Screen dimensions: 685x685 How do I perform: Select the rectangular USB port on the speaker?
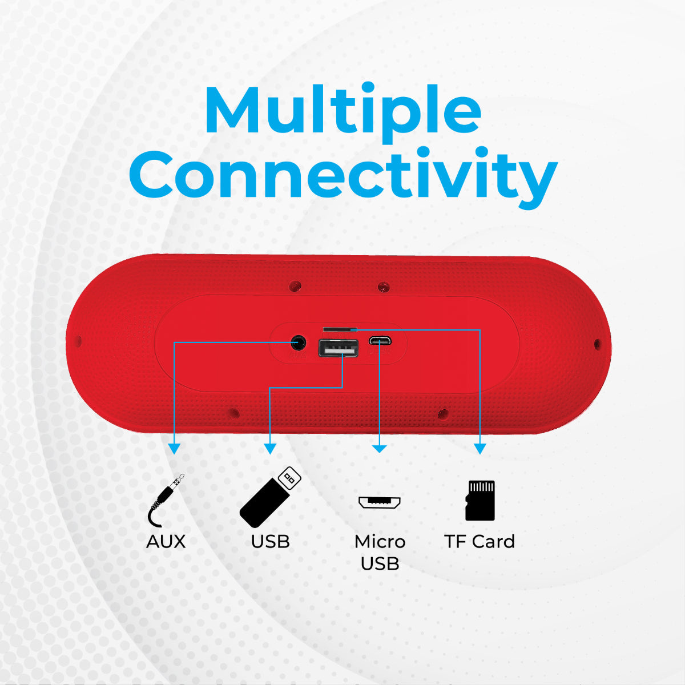click(x=339, y=348)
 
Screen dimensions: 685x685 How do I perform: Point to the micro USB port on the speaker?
click(x=379, y=341)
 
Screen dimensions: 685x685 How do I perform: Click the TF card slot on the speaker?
click(x=340, y=329)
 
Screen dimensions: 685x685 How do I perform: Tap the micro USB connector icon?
click(x=380, y=502)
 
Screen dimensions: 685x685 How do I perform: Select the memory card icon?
click(x=480, y=500)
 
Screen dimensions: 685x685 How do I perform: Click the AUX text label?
click(x=166, y=541)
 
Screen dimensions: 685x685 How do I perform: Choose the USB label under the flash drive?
click(x=270, y=541)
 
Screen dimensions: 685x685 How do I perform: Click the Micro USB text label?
click(x=380, y=552)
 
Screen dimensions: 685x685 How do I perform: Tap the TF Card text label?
click(x=479, y=541)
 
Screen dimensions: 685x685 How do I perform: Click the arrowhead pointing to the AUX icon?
click(x=174, y=449)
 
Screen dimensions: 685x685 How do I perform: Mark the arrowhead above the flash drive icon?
click(x=270, y=449)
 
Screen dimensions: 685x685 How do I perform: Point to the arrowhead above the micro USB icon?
click(x=380, y=449)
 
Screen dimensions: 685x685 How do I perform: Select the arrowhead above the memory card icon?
click(x=480, y=449)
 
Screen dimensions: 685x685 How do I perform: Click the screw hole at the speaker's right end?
click(x=597, y=344)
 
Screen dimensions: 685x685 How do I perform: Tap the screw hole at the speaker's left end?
click(x=78, y=341)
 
